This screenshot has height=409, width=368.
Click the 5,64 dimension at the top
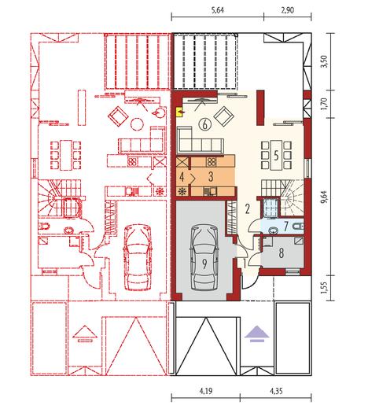[217, 10]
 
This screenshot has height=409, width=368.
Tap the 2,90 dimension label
[288, 10]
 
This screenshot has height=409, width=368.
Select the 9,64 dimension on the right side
[326, 197]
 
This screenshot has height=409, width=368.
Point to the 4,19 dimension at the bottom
[206, 392]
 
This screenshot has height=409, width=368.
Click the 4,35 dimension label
[276, 392]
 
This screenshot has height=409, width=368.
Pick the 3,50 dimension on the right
[326, 61]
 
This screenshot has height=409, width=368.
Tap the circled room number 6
[204, 124]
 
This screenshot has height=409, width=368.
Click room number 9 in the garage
[204, 264]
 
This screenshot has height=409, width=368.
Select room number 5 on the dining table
[276, 156]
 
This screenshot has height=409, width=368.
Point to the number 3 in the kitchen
[211, 177]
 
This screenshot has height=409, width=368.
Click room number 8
[282, 253]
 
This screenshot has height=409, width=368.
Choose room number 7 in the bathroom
[286, 227]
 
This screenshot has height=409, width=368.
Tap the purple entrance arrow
[257, 333]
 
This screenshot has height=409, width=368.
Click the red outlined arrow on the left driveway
[85, 333]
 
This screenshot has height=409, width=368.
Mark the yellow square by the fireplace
[180, 112]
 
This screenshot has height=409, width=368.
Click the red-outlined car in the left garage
[138, 257]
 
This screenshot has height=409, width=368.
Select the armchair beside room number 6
[224, 116]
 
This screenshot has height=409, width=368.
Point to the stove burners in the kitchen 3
[211, 162]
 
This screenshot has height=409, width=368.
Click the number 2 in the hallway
[247, 209]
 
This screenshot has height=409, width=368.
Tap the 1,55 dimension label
[326, 288]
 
